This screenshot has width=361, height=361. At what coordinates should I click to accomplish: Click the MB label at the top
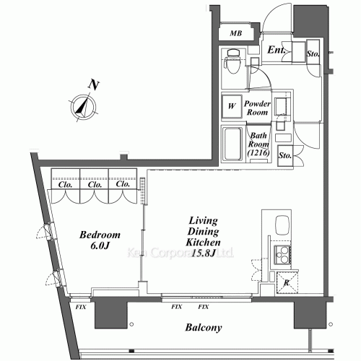tap(235, 33)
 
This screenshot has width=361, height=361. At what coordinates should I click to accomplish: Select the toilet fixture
tap(232, 64)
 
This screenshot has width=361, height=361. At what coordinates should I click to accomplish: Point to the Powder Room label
tap(258, 108)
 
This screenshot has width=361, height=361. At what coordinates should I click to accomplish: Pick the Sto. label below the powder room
tap(284, 155)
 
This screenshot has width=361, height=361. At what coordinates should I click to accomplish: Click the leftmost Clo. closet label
tap(65, 183)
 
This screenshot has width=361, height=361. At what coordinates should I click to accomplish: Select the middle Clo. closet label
tap(94, 183)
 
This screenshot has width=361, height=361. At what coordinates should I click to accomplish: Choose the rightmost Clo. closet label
tap(122, 183)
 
